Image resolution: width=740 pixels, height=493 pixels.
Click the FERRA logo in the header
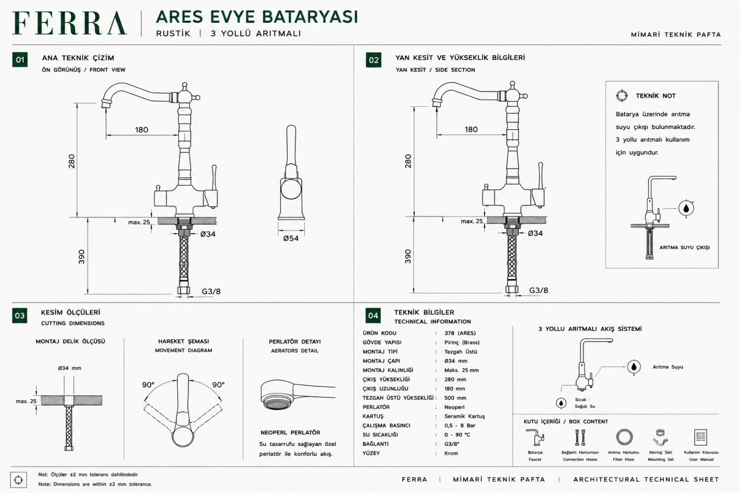click(x=69, y=23)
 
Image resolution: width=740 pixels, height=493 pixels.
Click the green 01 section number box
click(x=20, y=60)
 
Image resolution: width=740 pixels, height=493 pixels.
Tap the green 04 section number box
click(x=373, y=316)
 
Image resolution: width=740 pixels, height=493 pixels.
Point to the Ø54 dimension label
click(x=291, y=238)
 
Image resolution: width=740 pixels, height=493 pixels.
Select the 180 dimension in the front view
click(x=142, y=130)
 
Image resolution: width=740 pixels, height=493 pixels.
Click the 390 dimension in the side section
click(x=408, y=256)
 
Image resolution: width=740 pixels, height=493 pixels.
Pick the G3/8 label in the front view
click(x=211, y=292)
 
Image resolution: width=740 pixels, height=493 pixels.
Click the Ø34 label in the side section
click(x=535, y=233)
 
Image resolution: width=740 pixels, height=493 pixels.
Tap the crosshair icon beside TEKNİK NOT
click(x=622, y=96)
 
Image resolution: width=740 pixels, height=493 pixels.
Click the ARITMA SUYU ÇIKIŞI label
click(x=684, y=248)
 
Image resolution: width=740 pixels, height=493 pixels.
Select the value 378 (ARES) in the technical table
click(x=460, y=333)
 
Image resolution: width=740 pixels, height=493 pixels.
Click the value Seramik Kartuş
click(x=464, y=416)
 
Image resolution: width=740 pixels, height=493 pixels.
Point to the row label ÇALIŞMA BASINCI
click(x=386, y=426)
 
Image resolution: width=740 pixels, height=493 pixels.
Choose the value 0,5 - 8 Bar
click(x=460, y=426)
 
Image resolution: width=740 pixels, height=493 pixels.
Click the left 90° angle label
click(x=148, y=385)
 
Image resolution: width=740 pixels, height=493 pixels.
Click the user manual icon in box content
click(x=701, y=438)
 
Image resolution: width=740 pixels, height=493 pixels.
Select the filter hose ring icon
click(x=624, y=438)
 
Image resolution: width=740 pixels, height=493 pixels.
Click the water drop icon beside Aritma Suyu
click(x=634, y=367)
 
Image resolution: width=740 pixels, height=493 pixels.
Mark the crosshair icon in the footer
click(x=18, y=480)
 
